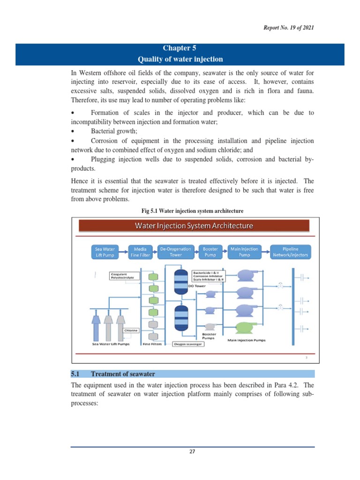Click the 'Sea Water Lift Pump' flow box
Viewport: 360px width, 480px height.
105,252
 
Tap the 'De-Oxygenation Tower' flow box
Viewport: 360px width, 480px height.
176,252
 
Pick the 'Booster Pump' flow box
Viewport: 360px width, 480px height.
210,252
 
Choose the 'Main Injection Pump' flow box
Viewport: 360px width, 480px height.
244,252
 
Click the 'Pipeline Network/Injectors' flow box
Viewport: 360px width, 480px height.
290,252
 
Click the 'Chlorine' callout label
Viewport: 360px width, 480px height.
132,330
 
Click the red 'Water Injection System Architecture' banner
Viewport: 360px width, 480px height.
194,225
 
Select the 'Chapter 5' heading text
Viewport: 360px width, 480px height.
180,48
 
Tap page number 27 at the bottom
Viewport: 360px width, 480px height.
192,452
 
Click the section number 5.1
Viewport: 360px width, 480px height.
76,374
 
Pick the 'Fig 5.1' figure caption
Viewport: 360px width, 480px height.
193,210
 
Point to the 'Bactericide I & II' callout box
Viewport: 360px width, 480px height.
209,276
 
